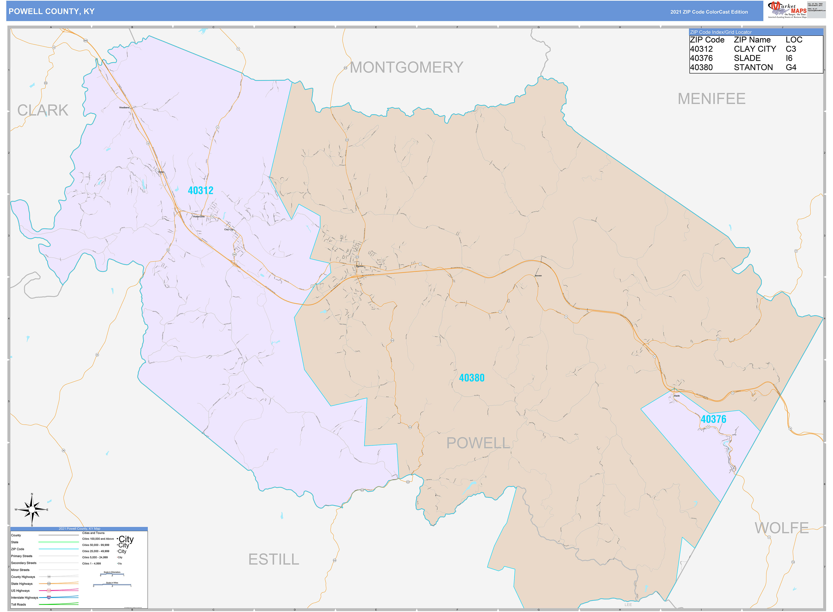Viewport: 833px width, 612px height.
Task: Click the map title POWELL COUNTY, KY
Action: [x=52, y=12]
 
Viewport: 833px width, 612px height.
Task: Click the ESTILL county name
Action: [x=274, y=560]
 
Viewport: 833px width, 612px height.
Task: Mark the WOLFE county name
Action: [x=781, y=528]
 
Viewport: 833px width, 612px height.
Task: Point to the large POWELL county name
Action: [x=478, y=443]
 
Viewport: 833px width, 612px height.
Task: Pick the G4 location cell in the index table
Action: [x=791, y=67]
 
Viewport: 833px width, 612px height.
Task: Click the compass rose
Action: [x=32, y=510]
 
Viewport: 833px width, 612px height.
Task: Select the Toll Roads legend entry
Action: [x=19, y=604]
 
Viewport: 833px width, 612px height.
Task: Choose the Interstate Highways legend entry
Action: [x=24, y=597]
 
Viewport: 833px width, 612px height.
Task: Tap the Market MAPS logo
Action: [x=787, y=10]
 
